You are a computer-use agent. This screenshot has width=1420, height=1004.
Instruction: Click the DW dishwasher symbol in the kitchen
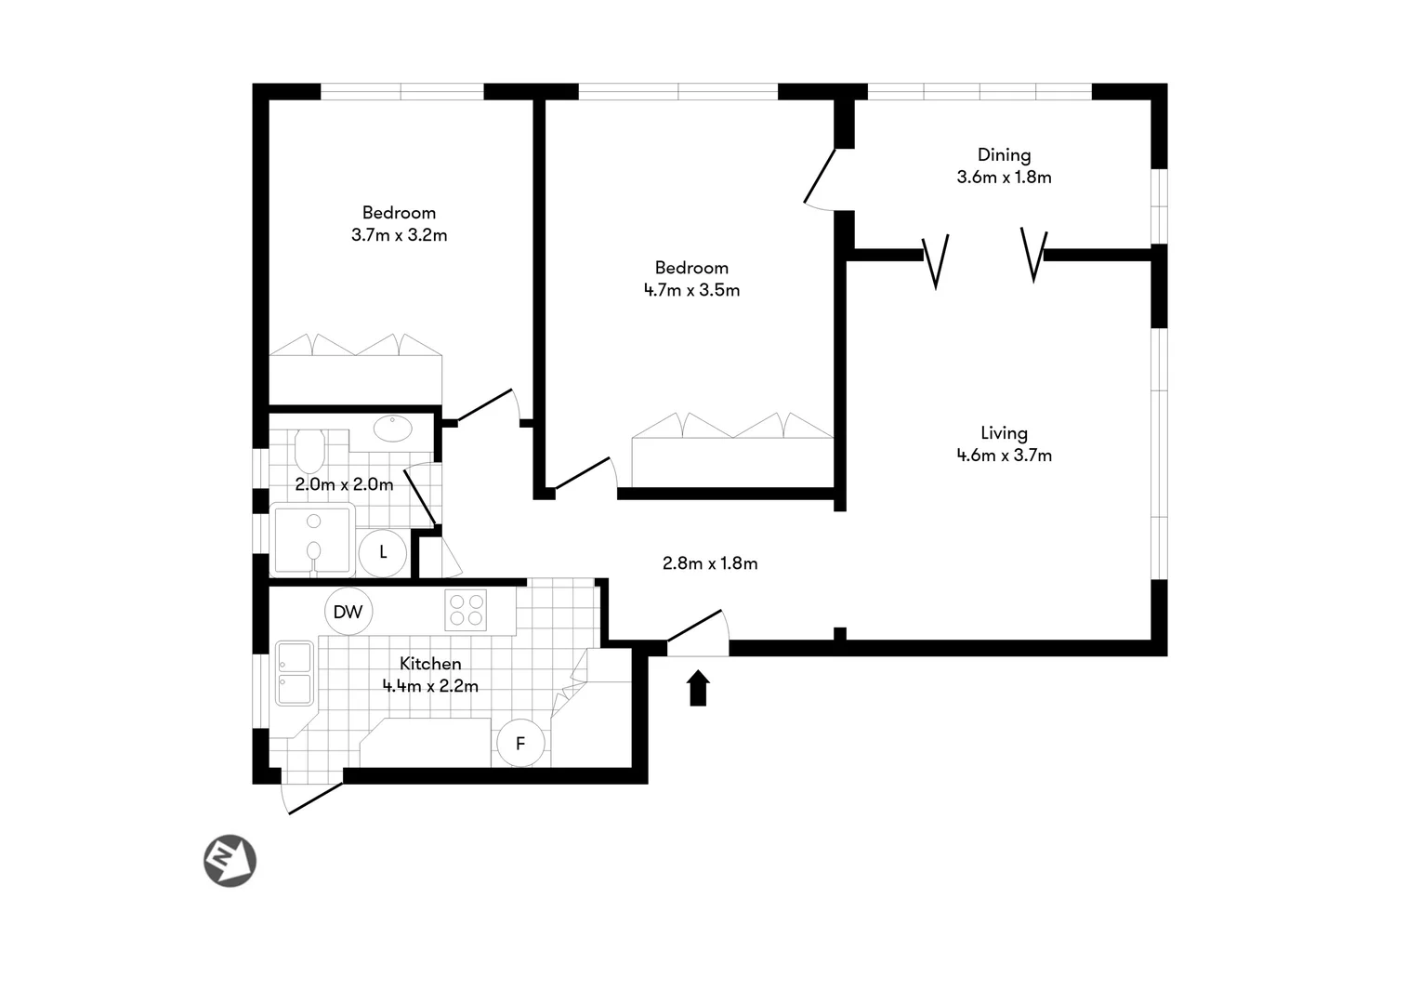[348, 612]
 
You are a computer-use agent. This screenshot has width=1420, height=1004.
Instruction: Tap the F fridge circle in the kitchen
[520, 743]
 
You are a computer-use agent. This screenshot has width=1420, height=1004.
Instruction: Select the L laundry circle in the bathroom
[383, 552]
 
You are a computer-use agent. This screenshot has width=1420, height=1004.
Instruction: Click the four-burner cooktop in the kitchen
[467, 611]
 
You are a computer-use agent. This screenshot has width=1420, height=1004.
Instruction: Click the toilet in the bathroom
[309, 451]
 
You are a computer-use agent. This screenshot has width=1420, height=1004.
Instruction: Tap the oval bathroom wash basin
[393, 429]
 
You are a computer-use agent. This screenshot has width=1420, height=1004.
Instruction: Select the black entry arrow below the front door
[698, 689]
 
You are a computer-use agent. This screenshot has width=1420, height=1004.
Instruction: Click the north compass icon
[230, 859]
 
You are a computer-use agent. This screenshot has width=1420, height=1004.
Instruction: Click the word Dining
[1004, 155]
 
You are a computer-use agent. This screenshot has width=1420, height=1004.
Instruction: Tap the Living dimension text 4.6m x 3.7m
[1004, 456]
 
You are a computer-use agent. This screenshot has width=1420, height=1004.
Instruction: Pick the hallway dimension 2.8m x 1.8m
[710, 563]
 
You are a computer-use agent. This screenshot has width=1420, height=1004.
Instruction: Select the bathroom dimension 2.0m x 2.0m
[344, 484]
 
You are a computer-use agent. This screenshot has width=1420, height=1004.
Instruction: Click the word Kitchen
[430, 664]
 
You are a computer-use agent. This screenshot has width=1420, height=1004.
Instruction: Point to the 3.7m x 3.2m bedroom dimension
[399, 235]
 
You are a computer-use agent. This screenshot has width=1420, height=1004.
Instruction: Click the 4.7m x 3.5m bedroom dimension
[691, 290]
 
